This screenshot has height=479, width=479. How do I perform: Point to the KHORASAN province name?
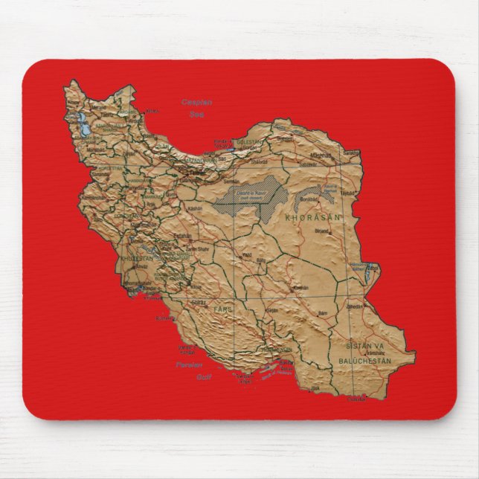coord(312,217)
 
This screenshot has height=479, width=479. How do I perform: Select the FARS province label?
coord(222,307)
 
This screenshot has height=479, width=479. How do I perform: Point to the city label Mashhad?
coord(321,155)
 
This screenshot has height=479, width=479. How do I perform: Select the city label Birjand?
coord(321,231)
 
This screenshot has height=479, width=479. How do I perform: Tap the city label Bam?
coord(322,314)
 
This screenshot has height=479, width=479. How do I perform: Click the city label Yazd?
coord(247,254)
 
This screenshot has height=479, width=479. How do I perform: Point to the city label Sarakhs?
coord(351,153)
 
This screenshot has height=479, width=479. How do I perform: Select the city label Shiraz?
coord(199,303)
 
